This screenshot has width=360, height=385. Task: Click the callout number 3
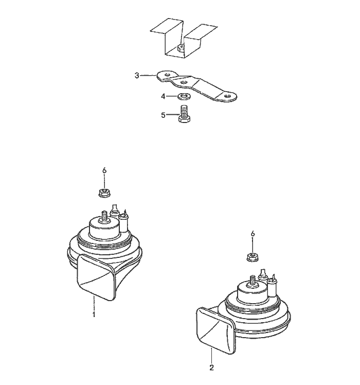click(137, 75)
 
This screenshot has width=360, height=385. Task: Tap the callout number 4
click(164, 96)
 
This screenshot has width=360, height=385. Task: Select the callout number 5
click(164, 115)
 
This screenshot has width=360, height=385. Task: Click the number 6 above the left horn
click(104, 170)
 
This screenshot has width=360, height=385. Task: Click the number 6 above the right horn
click(253, 234)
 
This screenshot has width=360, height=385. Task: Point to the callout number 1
click(94, 314)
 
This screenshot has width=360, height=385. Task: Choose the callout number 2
click(211, 367)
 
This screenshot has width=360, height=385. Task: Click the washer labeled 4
click(183, 96)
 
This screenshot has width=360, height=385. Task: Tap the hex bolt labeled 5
click(184, 114)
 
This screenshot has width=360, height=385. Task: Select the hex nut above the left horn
click(104, 192)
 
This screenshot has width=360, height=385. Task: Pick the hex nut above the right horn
click(253, 257)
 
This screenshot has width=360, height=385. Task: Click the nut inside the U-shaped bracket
click(181, 47)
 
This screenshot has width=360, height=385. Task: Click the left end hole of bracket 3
click(167, 75)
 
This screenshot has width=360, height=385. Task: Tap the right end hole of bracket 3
click(227, 96)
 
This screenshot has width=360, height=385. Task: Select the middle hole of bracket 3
click(183, 82)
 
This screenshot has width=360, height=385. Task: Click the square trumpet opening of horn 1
click(96, 278)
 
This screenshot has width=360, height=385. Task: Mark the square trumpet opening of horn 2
click(215, 330)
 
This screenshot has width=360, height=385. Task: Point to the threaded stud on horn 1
click(104, 216)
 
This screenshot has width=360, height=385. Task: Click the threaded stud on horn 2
click(253, 281)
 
